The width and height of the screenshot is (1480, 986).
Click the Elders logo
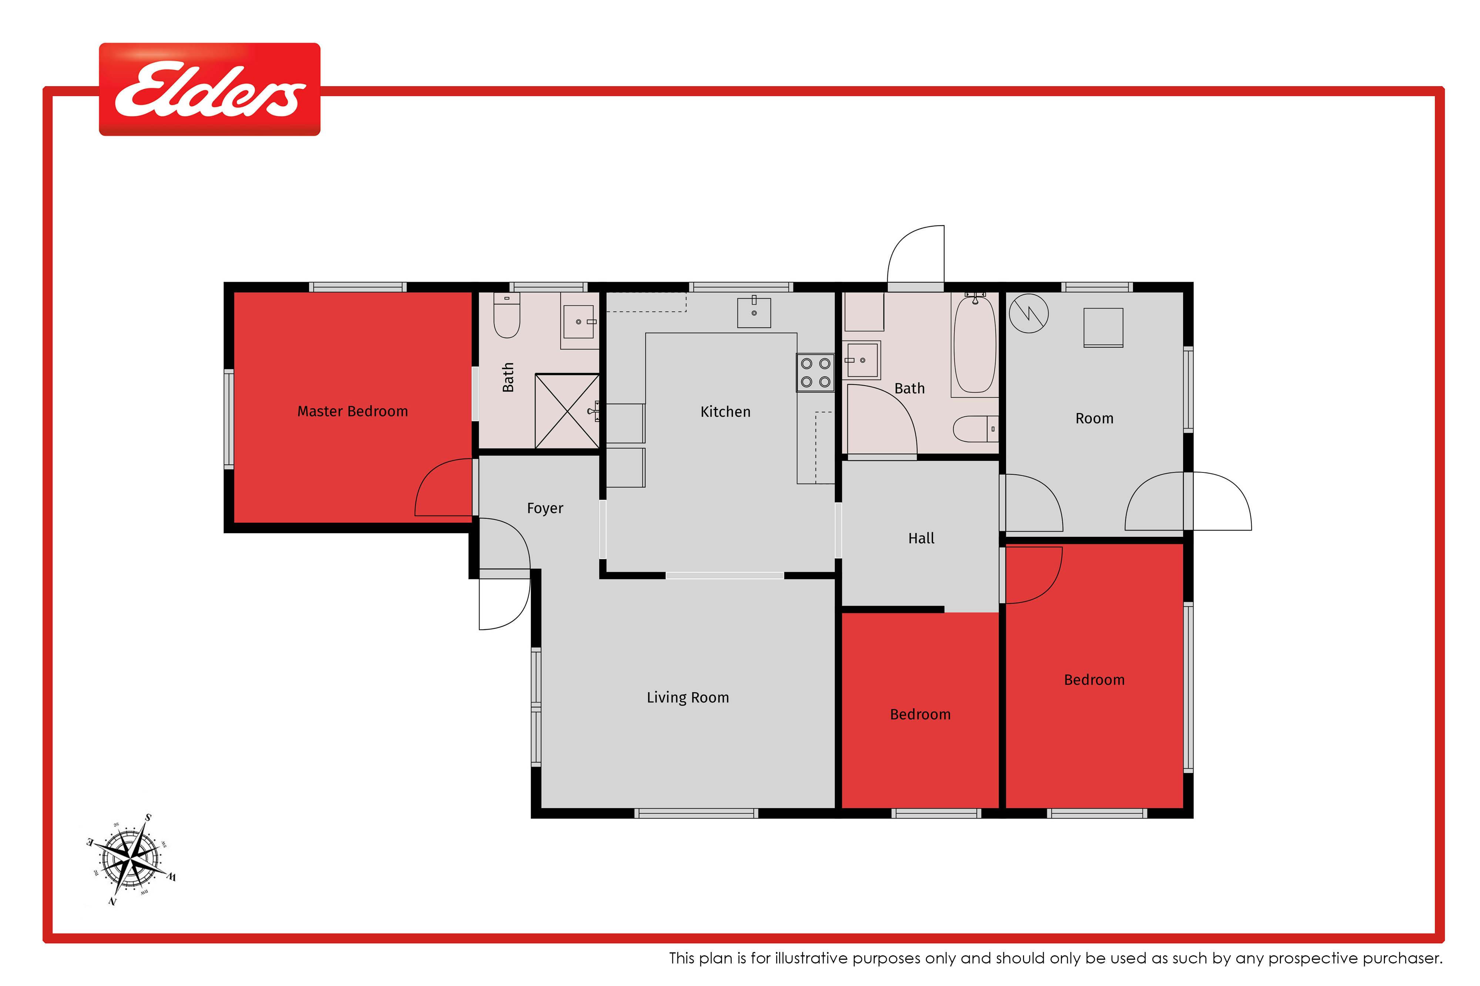(209, 89)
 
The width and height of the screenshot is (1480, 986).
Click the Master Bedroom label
(352, 411)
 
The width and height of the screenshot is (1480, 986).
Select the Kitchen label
(726, 412)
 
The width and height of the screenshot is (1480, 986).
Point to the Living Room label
(688, 697)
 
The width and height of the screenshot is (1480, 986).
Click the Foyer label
(545, 508)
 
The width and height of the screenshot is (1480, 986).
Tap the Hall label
(921, 538)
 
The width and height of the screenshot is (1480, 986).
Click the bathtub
(975, 344)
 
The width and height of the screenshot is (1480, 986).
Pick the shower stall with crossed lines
(567, 411)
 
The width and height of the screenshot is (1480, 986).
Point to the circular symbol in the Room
(1029, 313)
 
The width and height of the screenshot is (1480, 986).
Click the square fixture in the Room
(1103, 328)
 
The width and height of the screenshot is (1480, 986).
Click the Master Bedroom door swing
(443, 487)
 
